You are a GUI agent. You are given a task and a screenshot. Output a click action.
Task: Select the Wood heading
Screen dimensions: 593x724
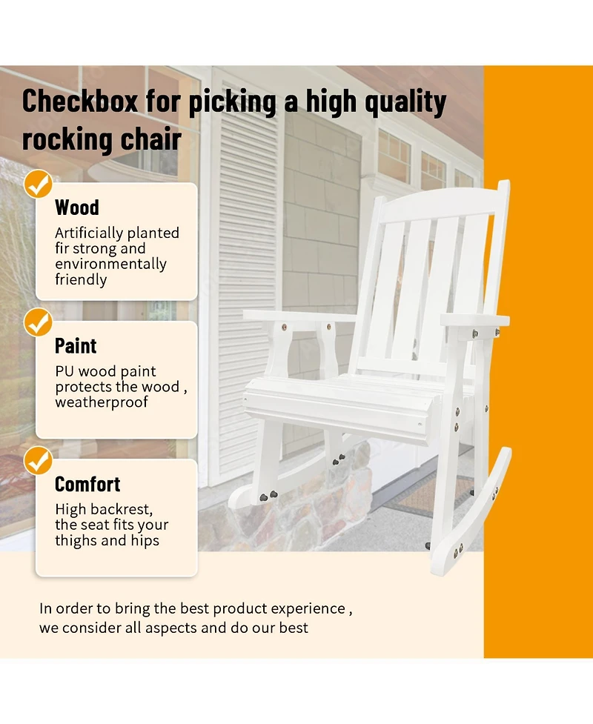coord(76,207)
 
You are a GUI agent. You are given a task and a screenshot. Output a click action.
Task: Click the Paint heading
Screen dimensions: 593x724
coord(76,346)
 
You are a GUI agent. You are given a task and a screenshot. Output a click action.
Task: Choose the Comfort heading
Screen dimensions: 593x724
coord(87,484)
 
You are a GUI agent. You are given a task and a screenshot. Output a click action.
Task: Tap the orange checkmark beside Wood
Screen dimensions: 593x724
coord(39,184)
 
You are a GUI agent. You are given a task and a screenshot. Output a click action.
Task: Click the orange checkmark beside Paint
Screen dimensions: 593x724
coord(39,322)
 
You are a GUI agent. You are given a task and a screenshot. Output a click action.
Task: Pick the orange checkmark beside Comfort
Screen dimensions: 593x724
coord(39,460)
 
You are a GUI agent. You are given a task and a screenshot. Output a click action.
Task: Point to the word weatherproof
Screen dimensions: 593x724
coord(101,402)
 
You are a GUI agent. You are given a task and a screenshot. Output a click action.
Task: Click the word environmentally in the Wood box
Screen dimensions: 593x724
coord(110,264)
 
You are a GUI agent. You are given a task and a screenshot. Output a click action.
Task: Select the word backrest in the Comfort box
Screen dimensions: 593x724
coord(121,509)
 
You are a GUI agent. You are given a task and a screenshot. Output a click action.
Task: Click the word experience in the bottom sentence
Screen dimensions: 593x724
coord(308,609)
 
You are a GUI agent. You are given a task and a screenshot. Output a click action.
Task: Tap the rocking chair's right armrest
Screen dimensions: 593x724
coord(474,320)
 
